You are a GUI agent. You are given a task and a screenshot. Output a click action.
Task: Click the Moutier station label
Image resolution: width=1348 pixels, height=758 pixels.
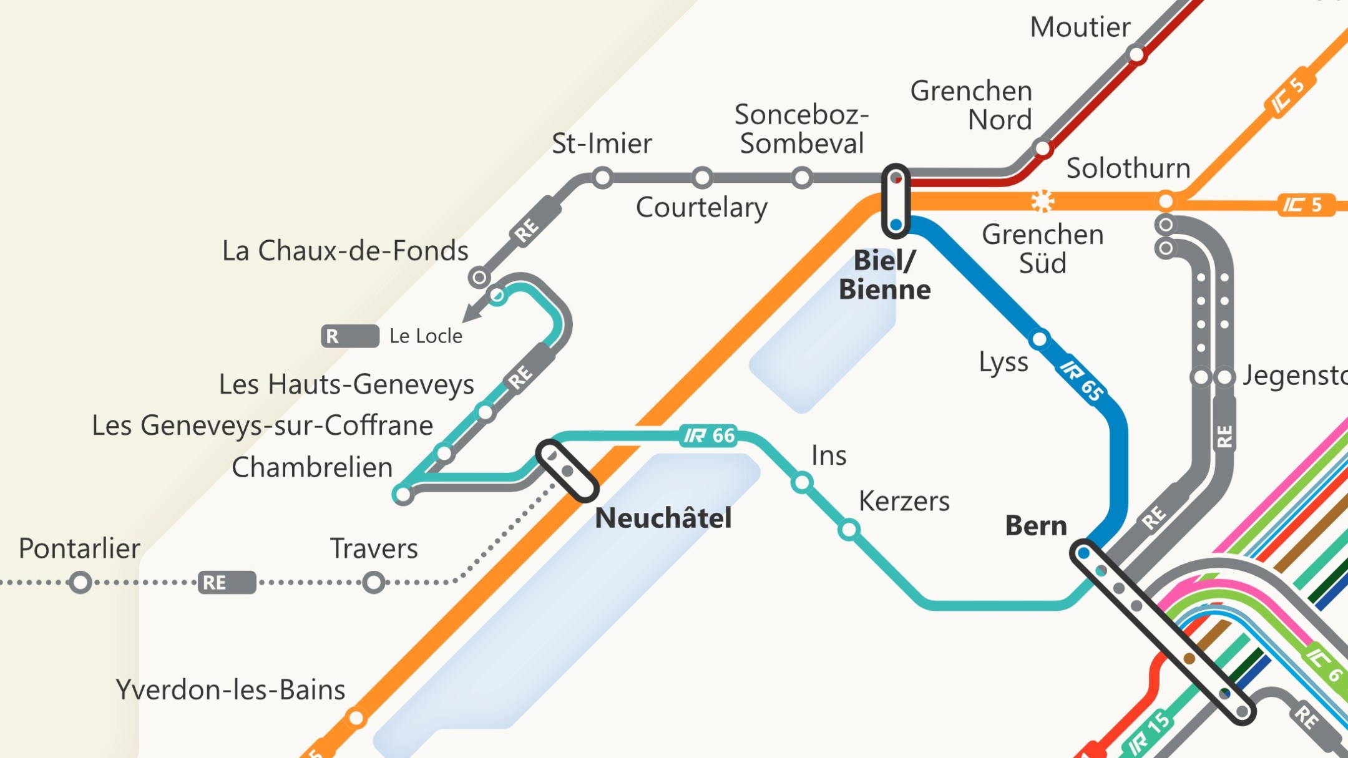(1080, 27)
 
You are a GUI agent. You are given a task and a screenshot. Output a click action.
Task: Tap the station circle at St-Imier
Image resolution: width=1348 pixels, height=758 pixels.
(602, 178)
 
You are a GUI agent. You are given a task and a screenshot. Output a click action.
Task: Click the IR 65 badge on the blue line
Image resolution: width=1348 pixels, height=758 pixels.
(1082, 381)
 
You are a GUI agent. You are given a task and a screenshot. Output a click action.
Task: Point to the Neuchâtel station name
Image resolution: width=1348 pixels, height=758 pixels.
(663, 518)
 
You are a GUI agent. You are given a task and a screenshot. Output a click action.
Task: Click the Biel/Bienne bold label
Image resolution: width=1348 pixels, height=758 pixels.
(884, 275)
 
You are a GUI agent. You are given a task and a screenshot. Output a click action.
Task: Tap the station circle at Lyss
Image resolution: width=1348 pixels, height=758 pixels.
(1039, 339)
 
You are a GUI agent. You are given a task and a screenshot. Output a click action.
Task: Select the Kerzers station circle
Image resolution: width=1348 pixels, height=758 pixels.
(849, 530)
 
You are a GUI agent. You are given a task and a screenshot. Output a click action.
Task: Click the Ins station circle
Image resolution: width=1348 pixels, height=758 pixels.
(802, 482)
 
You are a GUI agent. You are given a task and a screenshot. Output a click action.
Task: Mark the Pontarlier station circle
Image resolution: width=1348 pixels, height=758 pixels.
(81, 583)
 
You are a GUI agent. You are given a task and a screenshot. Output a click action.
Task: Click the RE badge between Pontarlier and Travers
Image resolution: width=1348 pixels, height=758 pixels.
(227, 583)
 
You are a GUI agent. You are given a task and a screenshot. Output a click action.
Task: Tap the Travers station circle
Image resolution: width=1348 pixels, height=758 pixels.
(373, 583)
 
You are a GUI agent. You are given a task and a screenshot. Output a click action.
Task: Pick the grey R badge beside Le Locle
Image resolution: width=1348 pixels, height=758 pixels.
(349, 336)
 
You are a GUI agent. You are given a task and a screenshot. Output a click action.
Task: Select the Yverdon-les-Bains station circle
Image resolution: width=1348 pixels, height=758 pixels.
(356, 718)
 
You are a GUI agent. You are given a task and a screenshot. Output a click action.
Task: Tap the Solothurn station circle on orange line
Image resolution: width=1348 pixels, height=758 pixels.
(1165, 201)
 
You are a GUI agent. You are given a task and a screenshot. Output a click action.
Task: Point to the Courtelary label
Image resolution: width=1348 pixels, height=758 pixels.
(701, 208)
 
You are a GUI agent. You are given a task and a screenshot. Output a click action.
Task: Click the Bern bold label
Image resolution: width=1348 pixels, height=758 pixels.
(1036, 526)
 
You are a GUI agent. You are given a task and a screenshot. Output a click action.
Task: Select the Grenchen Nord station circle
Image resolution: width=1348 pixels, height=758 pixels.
(1043, 148)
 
